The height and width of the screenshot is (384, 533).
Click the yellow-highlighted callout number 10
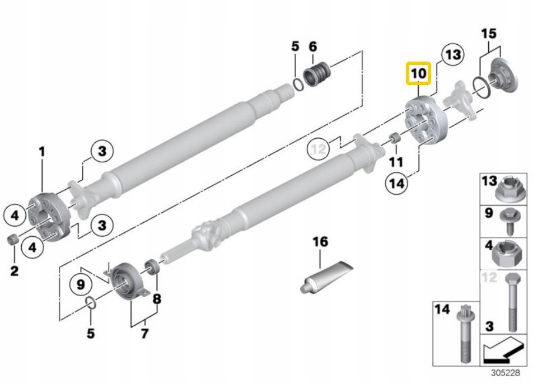point(418,73)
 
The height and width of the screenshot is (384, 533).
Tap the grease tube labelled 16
point(326,275)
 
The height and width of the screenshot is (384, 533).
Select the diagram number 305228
point(506,373)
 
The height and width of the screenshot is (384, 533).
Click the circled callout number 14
point(397,184)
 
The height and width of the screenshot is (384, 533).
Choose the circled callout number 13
point(453,55)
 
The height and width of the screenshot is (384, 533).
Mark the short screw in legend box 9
point(508,221)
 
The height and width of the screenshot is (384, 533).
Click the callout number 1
point(42,152)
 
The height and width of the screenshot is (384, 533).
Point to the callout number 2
point(15,270)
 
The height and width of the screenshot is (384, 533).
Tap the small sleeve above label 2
point(13,239)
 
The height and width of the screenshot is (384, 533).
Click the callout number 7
point(144,334)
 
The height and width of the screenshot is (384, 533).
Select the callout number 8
point(156,299)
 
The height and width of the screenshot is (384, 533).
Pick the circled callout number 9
point(81,284)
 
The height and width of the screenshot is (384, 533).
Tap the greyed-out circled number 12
point(318,148)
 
